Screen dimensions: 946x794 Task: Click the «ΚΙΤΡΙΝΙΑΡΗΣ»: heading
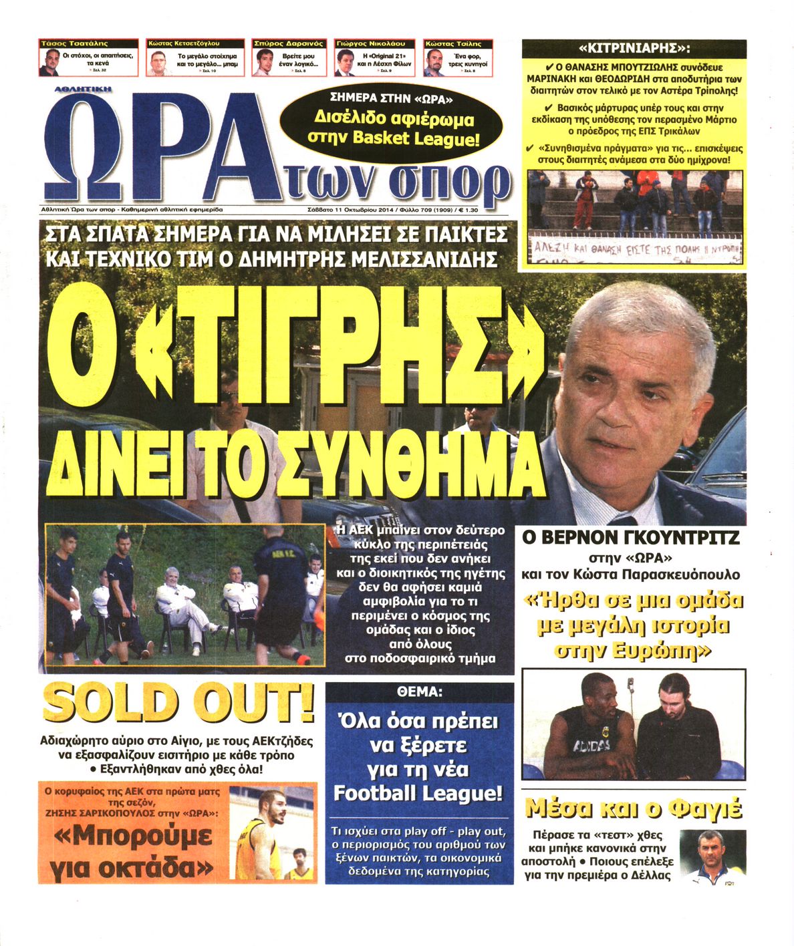[x=634, y=48]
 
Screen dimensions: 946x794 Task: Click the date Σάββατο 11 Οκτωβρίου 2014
[x=349, y=209]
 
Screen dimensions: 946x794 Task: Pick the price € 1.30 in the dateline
[x=468, y=209]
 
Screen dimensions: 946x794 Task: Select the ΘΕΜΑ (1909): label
[x=419, y=692]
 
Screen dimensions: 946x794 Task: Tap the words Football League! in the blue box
[x=417, y=793]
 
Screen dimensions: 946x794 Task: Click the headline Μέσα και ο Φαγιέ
[x=634, y=808]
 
